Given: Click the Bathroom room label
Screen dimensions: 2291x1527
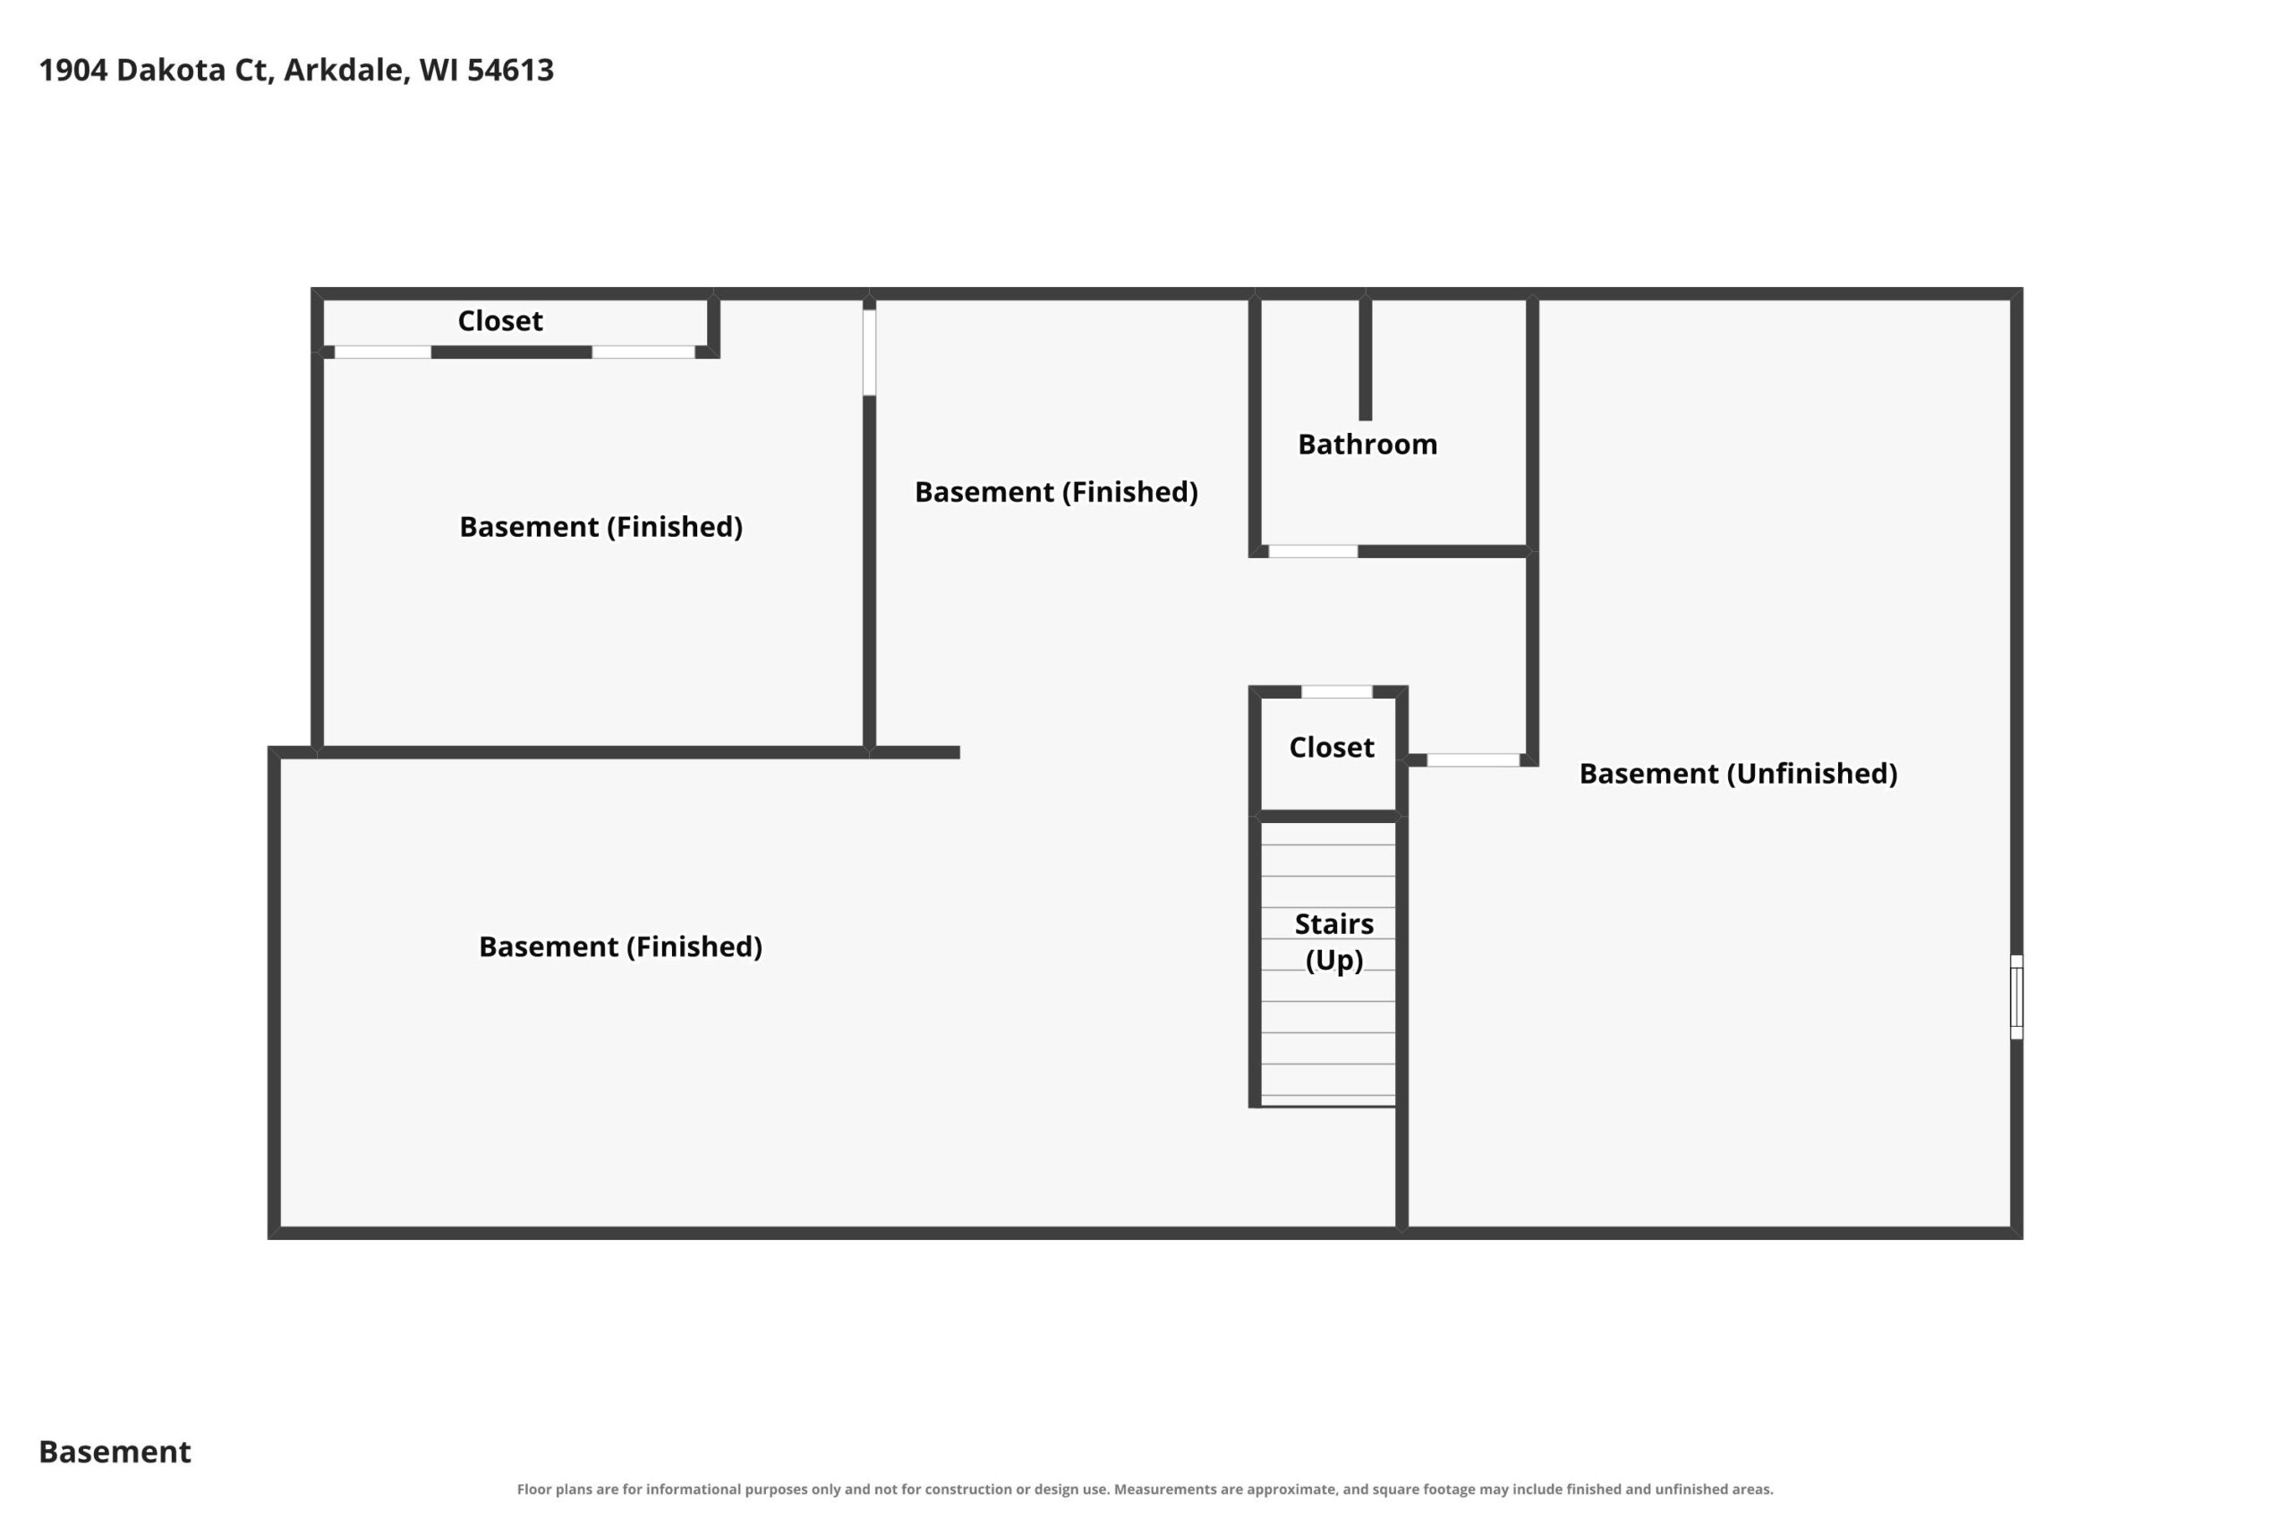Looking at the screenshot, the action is [x=1367, y=444].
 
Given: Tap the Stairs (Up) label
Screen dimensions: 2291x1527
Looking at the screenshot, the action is [x=1333, y=941].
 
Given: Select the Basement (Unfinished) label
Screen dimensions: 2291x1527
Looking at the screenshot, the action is [x=1738, y=773].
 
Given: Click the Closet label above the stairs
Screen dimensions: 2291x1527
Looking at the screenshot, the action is [x=1332, y=747].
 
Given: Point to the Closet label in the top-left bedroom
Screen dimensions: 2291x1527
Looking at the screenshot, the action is [x=499, y=320].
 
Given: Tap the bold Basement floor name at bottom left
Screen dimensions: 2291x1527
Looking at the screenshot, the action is [x=115, y=1452].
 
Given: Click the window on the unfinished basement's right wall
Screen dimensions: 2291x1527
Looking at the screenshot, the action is [x=2016, y=997].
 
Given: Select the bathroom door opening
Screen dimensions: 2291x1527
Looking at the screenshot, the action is [x=1313, y=551].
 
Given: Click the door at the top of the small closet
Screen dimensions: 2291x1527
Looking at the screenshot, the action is [x=1336, y=691].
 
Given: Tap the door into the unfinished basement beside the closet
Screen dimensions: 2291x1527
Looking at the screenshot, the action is [x=1473, y=759].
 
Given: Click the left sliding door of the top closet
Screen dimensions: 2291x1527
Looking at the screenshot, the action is [x=383, y=352].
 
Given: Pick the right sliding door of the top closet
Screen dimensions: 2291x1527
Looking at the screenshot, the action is [x=643, y=352].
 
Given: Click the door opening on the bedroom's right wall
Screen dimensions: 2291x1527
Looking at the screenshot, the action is [x=869, y=352].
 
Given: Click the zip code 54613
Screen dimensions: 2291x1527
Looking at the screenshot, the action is [x=509, y=70].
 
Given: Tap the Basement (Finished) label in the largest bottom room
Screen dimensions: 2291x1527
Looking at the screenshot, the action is [x=620, y=946].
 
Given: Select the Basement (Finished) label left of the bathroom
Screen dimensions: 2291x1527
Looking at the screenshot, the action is [x=1056, y=492].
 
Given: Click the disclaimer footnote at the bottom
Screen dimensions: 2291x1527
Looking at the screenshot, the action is [x=1145, y=1489].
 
